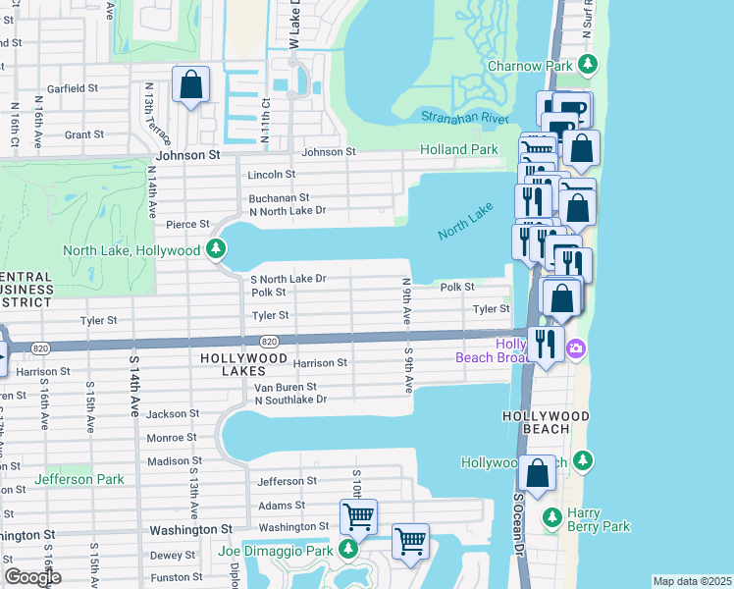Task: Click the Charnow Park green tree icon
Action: click(x=588, y=66)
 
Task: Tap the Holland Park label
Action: click(x=459, y=150)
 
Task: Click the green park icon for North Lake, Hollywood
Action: click(x=216, y=250)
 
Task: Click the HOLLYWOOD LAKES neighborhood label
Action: click(x=242, y=359)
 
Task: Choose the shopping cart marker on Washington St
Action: click(x=358, y=515)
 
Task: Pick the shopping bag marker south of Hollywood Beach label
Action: click(x=539, y=473)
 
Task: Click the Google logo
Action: click(x=32, y=576)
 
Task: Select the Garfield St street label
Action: click(x=74, y=88)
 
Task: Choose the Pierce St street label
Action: click(x=188, y=225)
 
